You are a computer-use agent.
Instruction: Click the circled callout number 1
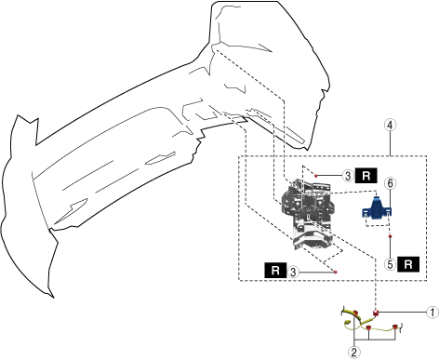coord(432,313)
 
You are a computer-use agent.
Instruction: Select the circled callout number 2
coord(354,353)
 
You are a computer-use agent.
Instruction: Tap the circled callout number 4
coord(390,125)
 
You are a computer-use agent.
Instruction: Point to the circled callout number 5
coord(390,264)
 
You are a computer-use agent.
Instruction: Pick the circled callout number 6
coord(390,183)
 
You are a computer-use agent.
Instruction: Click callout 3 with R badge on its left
coord(293,273)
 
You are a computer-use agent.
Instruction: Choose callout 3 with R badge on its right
coord(348,176)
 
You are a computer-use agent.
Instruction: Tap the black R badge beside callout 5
coord(408,264)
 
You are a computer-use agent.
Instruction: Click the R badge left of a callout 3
coord(275,271)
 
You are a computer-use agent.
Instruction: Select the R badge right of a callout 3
coord(366,176)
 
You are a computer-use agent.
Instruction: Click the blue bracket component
coord(377,208)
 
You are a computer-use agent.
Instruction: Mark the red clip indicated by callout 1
coord(376,313)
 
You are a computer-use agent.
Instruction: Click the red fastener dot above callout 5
coord(390,236)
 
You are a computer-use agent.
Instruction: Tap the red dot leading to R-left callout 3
coord(335,273)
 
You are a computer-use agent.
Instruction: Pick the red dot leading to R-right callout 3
coord(316,176)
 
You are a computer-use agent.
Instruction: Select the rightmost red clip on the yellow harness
coord(394,327)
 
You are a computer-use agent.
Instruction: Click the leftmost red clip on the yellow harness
coord(355,313)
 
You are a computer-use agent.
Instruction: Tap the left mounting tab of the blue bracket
coord(366,212)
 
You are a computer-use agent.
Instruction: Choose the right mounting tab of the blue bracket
coord(388,212)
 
